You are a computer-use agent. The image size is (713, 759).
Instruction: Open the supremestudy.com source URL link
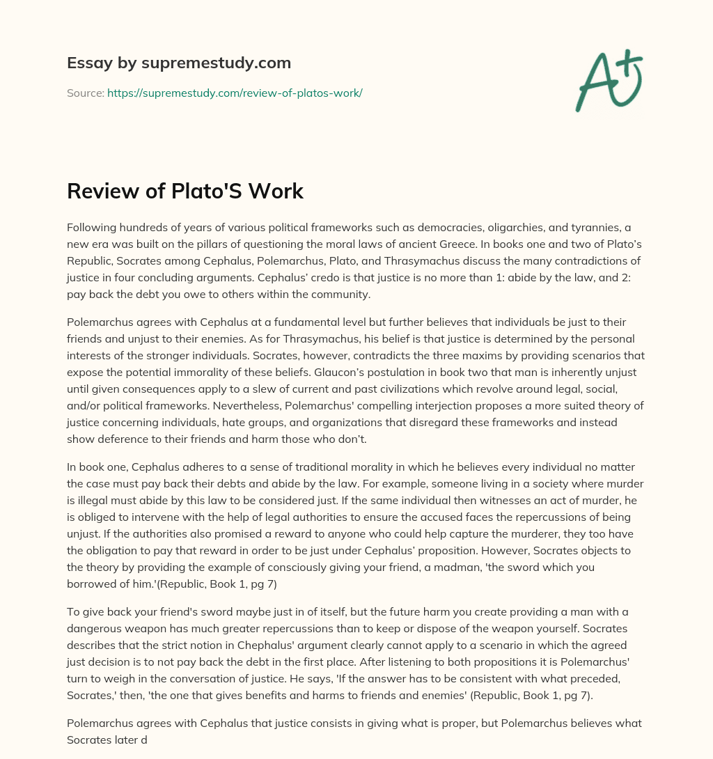tap(235, 93)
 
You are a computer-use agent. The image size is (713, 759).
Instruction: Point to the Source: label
tap(86, 93)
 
